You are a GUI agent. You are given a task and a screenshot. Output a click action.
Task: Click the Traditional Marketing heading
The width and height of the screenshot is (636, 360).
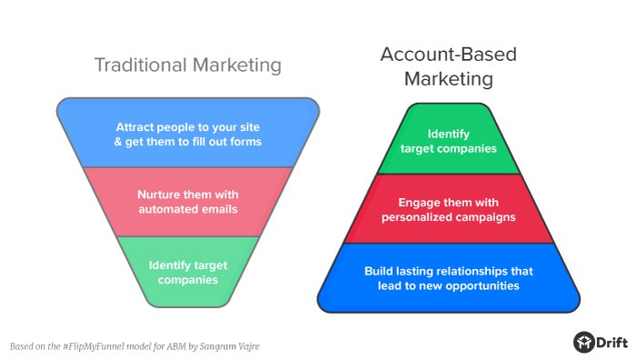pos(188,65)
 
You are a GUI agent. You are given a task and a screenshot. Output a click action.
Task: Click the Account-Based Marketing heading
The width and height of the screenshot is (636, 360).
pos(448,66)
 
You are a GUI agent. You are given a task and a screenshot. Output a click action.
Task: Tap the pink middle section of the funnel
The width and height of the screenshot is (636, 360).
pos(188,201)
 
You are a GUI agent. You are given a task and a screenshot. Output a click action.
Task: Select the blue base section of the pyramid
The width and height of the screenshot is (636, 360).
pos(449,278)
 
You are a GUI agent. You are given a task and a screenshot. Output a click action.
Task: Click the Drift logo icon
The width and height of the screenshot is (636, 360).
pos(583,342)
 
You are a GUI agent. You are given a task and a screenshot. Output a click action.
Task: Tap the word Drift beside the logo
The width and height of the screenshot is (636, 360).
pos(611,342)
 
